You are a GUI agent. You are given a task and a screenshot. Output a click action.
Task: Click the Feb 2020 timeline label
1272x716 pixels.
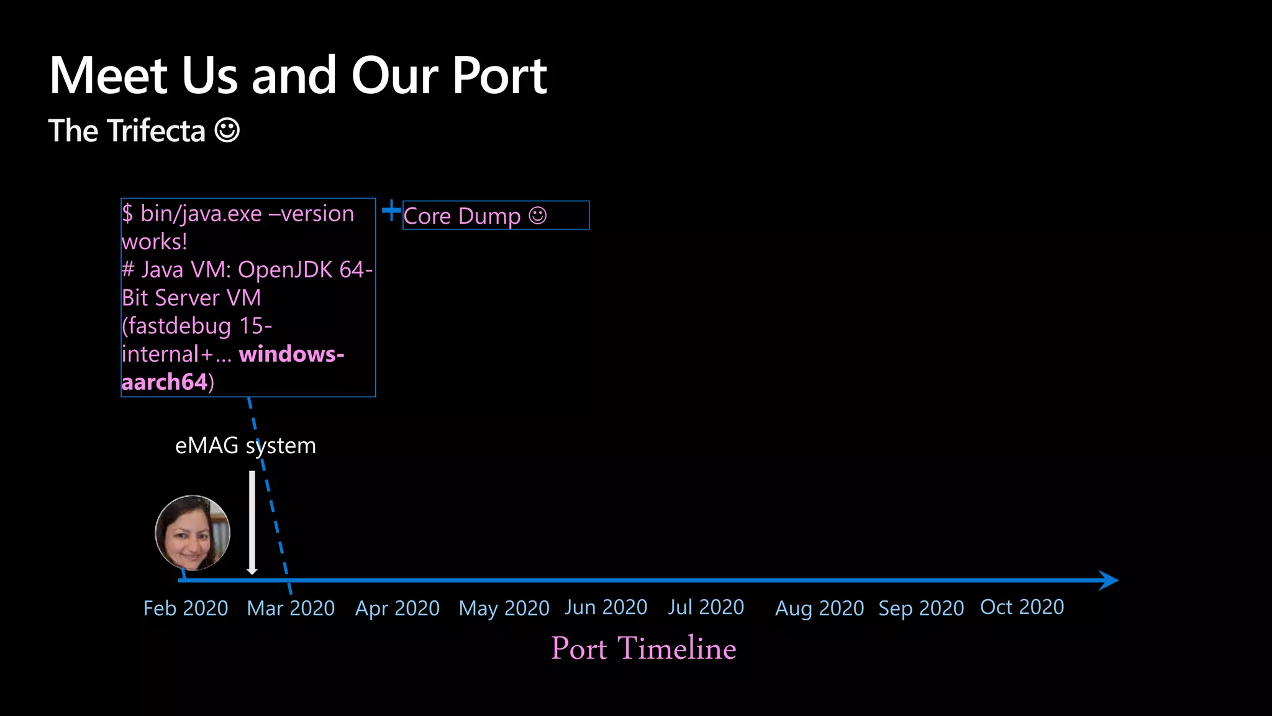tap(186, 608)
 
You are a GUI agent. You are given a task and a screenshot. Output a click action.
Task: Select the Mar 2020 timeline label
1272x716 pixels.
tap(291, 608)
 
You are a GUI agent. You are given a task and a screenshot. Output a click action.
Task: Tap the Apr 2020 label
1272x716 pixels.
tap(397, 608)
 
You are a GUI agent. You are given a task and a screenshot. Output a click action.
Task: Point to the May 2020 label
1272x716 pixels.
tap(504, 608)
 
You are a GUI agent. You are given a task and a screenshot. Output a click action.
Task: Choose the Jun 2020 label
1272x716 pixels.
tap(606, 607)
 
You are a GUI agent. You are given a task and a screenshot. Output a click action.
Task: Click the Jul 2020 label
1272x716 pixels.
tap(706, 607)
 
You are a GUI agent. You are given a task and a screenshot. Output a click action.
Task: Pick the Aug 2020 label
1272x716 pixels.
tap(819, 608)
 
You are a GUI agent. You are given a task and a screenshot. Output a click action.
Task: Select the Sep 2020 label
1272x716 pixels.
tap(921, 608)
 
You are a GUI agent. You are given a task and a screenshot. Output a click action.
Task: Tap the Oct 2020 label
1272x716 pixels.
tap(1022, 607)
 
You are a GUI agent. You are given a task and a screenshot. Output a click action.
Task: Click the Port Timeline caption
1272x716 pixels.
tap(643, 648)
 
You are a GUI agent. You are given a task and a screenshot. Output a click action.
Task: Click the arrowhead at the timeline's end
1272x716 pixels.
tap(1108, 581)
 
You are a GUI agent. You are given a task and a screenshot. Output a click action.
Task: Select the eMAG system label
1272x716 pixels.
tap(245, 446)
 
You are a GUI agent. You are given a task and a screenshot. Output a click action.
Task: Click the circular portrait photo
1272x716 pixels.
tap(193, 533)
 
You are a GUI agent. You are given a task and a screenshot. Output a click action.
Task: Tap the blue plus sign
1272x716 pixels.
tap(391, 211)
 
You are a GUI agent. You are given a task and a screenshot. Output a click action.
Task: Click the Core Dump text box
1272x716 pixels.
tap(496, 216)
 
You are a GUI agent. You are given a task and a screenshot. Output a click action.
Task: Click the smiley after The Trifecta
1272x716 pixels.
tap(227, 131)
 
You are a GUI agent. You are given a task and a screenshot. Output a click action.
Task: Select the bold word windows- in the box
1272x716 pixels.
tap(291, 354)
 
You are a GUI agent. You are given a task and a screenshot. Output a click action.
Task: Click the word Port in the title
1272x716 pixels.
tap(499, 76)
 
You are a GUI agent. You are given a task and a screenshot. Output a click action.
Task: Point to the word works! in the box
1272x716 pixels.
tap(155, 242)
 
